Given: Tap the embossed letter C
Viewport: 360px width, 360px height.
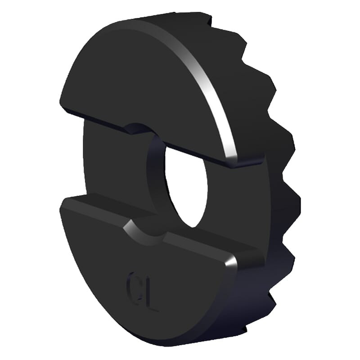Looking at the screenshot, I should coord(134,283).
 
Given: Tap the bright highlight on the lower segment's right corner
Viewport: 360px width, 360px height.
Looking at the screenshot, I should coord(230,262).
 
